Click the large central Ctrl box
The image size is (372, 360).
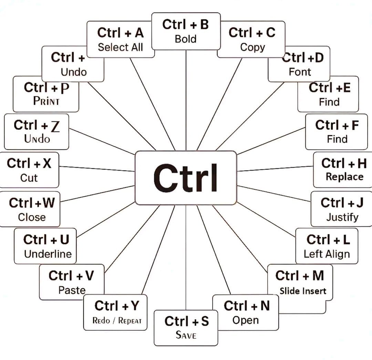click(186, 178)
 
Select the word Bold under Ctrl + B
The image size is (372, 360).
click(186, 39)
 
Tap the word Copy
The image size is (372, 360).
click(252, 47)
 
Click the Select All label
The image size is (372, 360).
click(120, 47)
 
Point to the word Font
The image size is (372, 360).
click(300, 72)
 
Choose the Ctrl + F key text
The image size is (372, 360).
click(337, 125)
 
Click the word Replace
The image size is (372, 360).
click(344, 177)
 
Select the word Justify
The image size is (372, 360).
click(342, 217)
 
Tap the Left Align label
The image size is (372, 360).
click(327, 254)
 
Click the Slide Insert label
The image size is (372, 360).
click(303, 291)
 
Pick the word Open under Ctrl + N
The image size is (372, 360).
click(245, 320)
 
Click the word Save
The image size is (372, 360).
click(186, 335)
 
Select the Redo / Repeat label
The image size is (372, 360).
click(117, 320)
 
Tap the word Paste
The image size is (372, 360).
click(72, 290)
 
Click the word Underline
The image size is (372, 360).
click(48, 254)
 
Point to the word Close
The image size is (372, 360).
click(32, 217)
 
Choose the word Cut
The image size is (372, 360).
click(29, 178)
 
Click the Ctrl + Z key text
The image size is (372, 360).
click(37, 126)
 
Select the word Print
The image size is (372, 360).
click(46, 101)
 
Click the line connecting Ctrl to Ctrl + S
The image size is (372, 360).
click(186, 258)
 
